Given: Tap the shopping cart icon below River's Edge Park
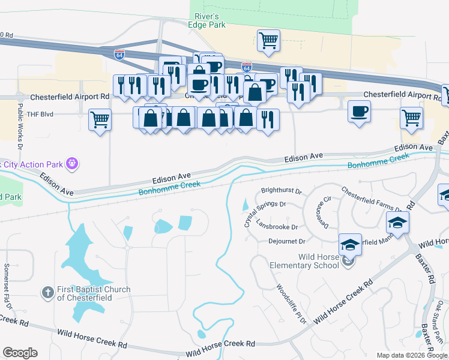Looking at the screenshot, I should click(268, 40).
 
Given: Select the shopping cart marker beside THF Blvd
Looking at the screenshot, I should click(100, 119).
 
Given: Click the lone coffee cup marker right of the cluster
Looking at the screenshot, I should click(359, 112).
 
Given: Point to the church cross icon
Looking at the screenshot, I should click(48, 293).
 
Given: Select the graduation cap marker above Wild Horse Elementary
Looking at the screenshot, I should click(350, 244).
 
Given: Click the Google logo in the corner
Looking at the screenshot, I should click(20, 353).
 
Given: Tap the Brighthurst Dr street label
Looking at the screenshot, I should click(281, 191).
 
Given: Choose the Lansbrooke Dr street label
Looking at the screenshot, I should click(277, 226).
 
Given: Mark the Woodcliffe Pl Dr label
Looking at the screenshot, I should click(292, 304).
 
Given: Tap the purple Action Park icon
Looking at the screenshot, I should click(73, 163).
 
